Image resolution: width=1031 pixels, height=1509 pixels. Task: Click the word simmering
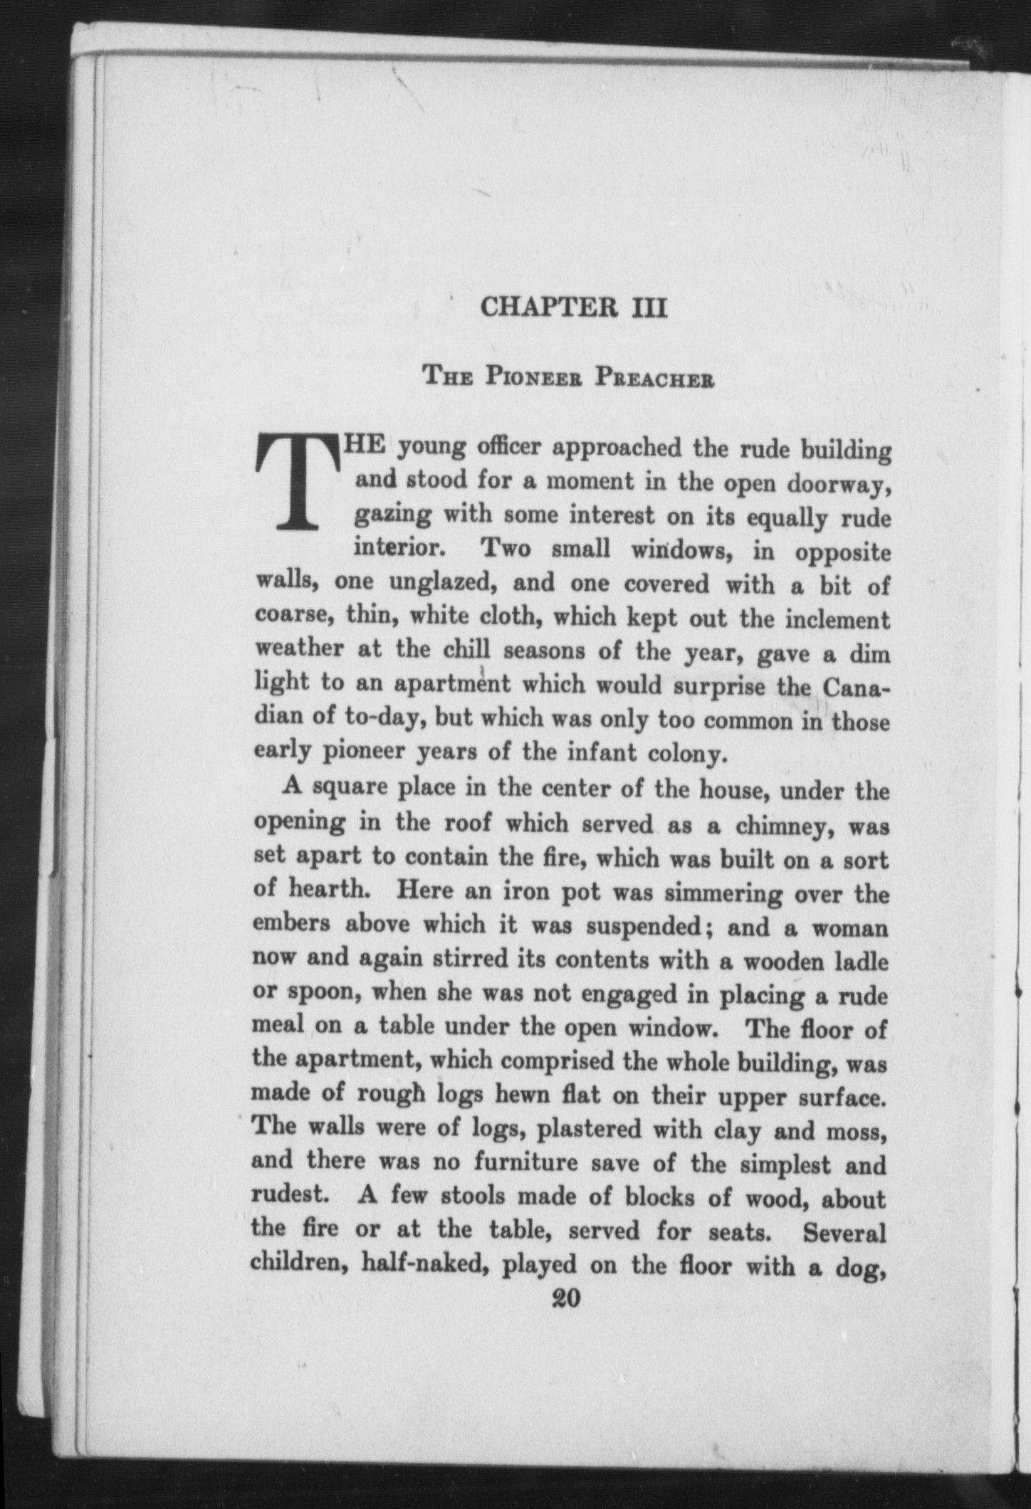pos(712,894)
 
